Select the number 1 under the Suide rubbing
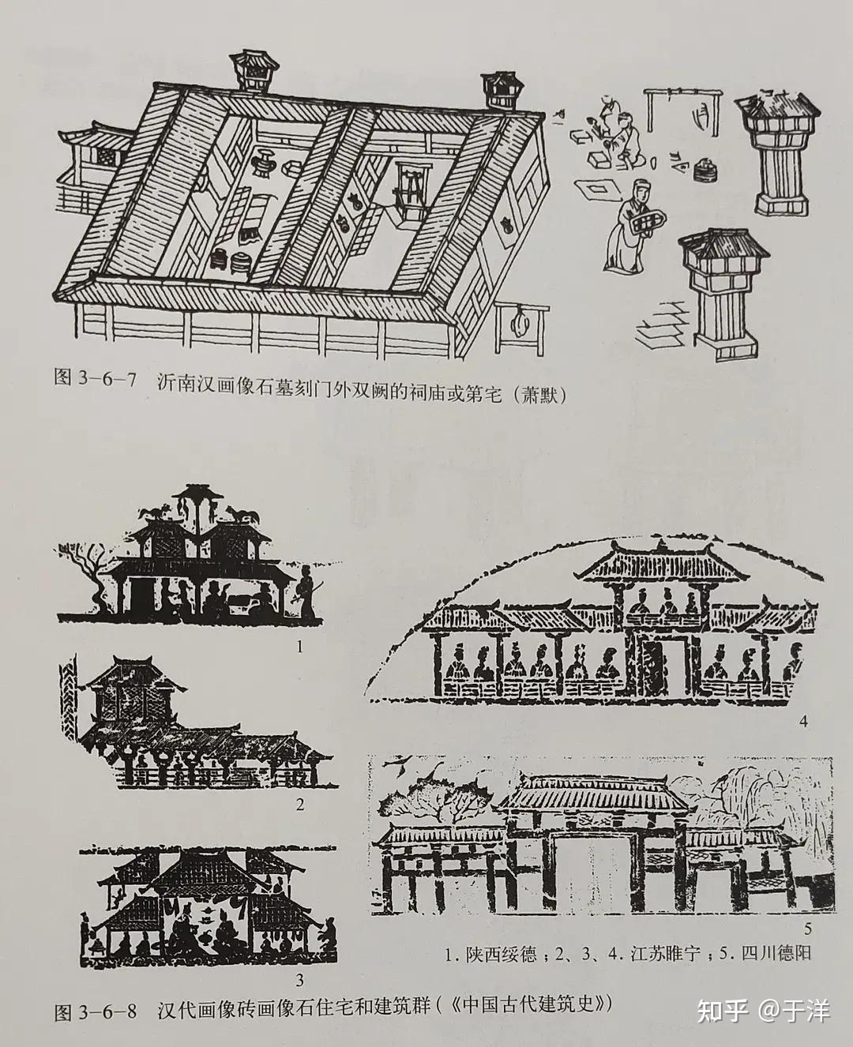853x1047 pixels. coord(300,647)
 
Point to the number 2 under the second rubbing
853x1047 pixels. coord(300,805)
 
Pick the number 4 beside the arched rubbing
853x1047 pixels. coord(802,721)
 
